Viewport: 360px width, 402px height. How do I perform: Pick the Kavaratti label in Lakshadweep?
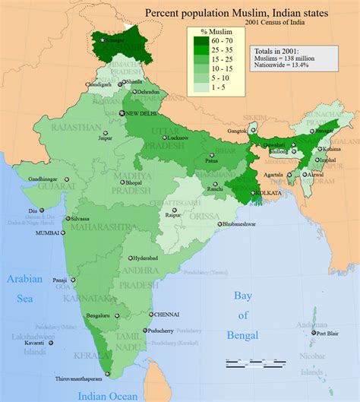coord(33,343)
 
